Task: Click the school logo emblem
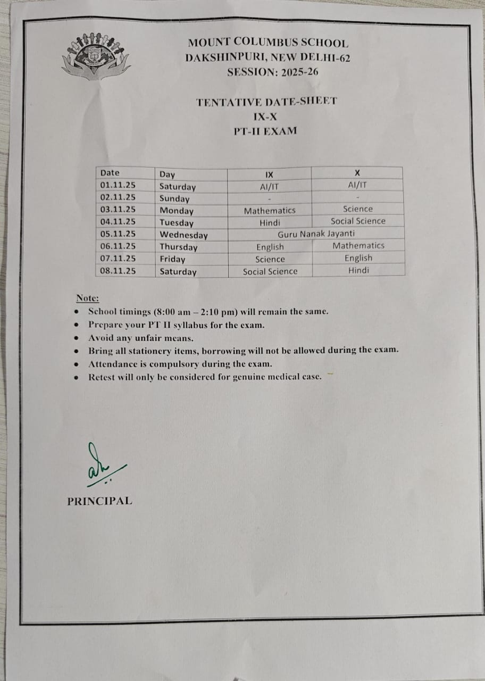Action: pos(96,55)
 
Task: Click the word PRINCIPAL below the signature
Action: pos(99,501)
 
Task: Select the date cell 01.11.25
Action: pos(118,185)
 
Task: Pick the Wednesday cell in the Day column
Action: pos(183,235)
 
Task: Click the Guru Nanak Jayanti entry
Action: pos(316,234)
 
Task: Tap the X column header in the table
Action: pos(357,173)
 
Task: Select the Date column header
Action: pos(110,172)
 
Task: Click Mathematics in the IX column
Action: pos(269,211)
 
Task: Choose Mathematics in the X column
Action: pos(358,245)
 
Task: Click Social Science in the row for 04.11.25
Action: pos(358,221)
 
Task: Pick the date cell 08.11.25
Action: pos(118,271)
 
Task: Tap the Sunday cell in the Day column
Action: pos(174,198)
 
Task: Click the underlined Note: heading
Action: pos(88,298)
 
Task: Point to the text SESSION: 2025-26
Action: pos(272,72)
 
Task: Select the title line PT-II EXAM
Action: pos(265,130)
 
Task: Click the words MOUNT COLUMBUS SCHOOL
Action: pos(268,44)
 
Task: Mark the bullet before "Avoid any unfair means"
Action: pos(78,338)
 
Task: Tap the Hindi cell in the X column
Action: pos(358,270)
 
